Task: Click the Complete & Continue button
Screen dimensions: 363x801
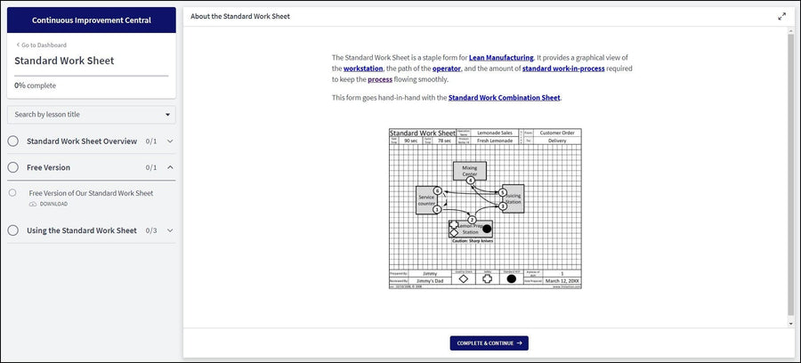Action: tap(489, 343)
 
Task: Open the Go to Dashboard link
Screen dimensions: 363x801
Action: tap(39, 44)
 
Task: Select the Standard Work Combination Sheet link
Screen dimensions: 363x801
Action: tap(504, 98)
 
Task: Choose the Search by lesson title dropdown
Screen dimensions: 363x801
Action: tap(91, 114)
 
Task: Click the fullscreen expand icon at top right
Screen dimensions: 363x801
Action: tap(781, 16)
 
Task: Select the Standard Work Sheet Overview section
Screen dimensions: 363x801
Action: tap(82, 141)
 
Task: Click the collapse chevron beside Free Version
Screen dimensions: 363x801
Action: tap(170, 167)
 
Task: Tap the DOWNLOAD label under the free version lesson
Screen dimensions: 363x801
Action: tap(53, 204)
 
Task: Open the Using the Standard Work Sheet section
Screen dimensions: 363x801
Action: tap(82, 230)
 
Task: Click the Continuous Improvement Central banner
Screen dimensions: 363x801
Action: tap(91, 20)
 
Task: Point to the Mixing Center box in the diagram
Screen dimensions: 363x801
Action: tap(469, 169)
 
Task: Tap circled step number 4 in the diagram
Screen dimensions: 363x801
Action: tap(471, 181)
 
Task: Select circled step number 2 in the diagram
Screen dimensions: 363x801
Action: tap(472, 219)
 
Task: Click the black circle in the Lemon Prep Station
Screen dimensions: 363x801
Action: tap(487, 229)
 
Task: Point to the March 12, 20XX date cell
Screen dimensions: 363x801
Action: tap(561, 280)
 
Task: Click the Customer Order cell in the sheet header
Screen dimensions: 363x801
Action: tap(557, 133)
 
